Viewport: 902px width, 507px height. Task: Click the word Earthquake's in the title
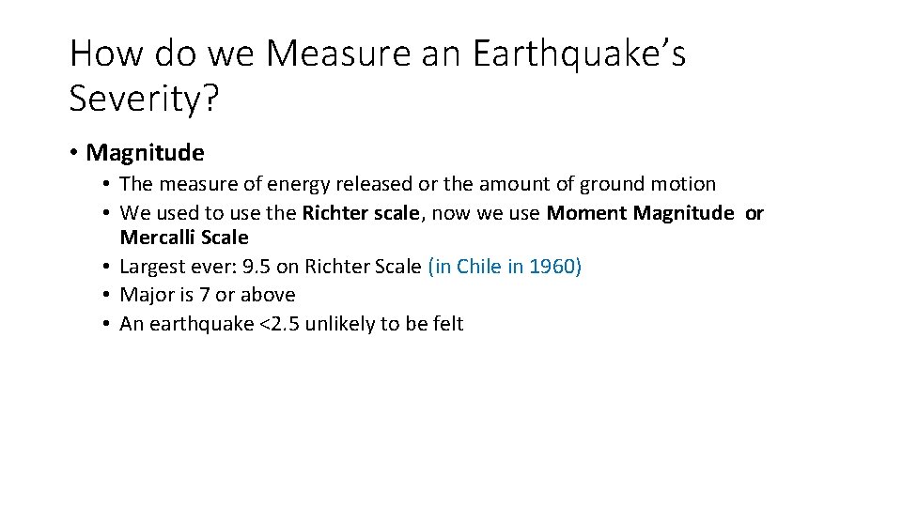tap(579, 54)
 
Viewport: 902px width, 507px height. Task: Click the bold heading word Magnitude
tap(145, 152)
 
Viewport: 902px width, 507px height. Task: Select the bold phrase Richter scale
tap(362, 213)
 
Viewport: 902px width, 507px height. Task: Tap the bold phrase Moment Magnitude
tap(639, 213)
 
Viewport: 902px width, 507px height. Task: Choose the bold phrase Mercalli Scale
tap(184, 238)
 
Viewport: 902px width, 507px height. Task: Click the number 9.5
tap(256, 267)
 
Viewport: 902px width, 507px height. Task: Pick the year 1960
tap(553, 267)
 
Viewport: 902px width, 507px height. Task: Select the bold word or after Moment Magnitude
tap(754, 213)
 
